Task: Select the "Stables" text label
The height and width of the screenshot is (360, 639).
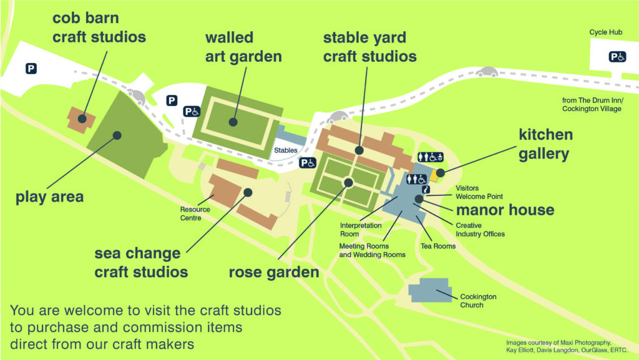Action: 286,150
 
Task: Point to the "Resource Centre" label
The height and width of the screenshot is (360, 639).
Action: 195,214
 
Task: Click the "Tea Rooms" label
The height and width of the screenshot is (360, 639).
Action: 439,246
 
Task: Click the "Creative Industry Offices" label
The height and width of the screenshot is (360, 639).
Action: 480,230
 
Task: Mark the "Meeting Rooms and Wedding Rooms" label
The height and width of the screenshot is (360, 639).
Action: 373,250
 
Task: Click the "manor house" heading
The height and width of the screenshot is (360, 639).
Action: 505,210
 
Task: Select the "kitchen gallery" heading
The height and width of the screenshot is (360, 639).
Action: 545,144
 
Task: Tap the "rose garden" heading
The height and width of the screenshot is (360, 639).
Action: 274,272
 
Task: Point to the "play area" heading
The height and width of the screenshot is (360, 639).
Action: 50,198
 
